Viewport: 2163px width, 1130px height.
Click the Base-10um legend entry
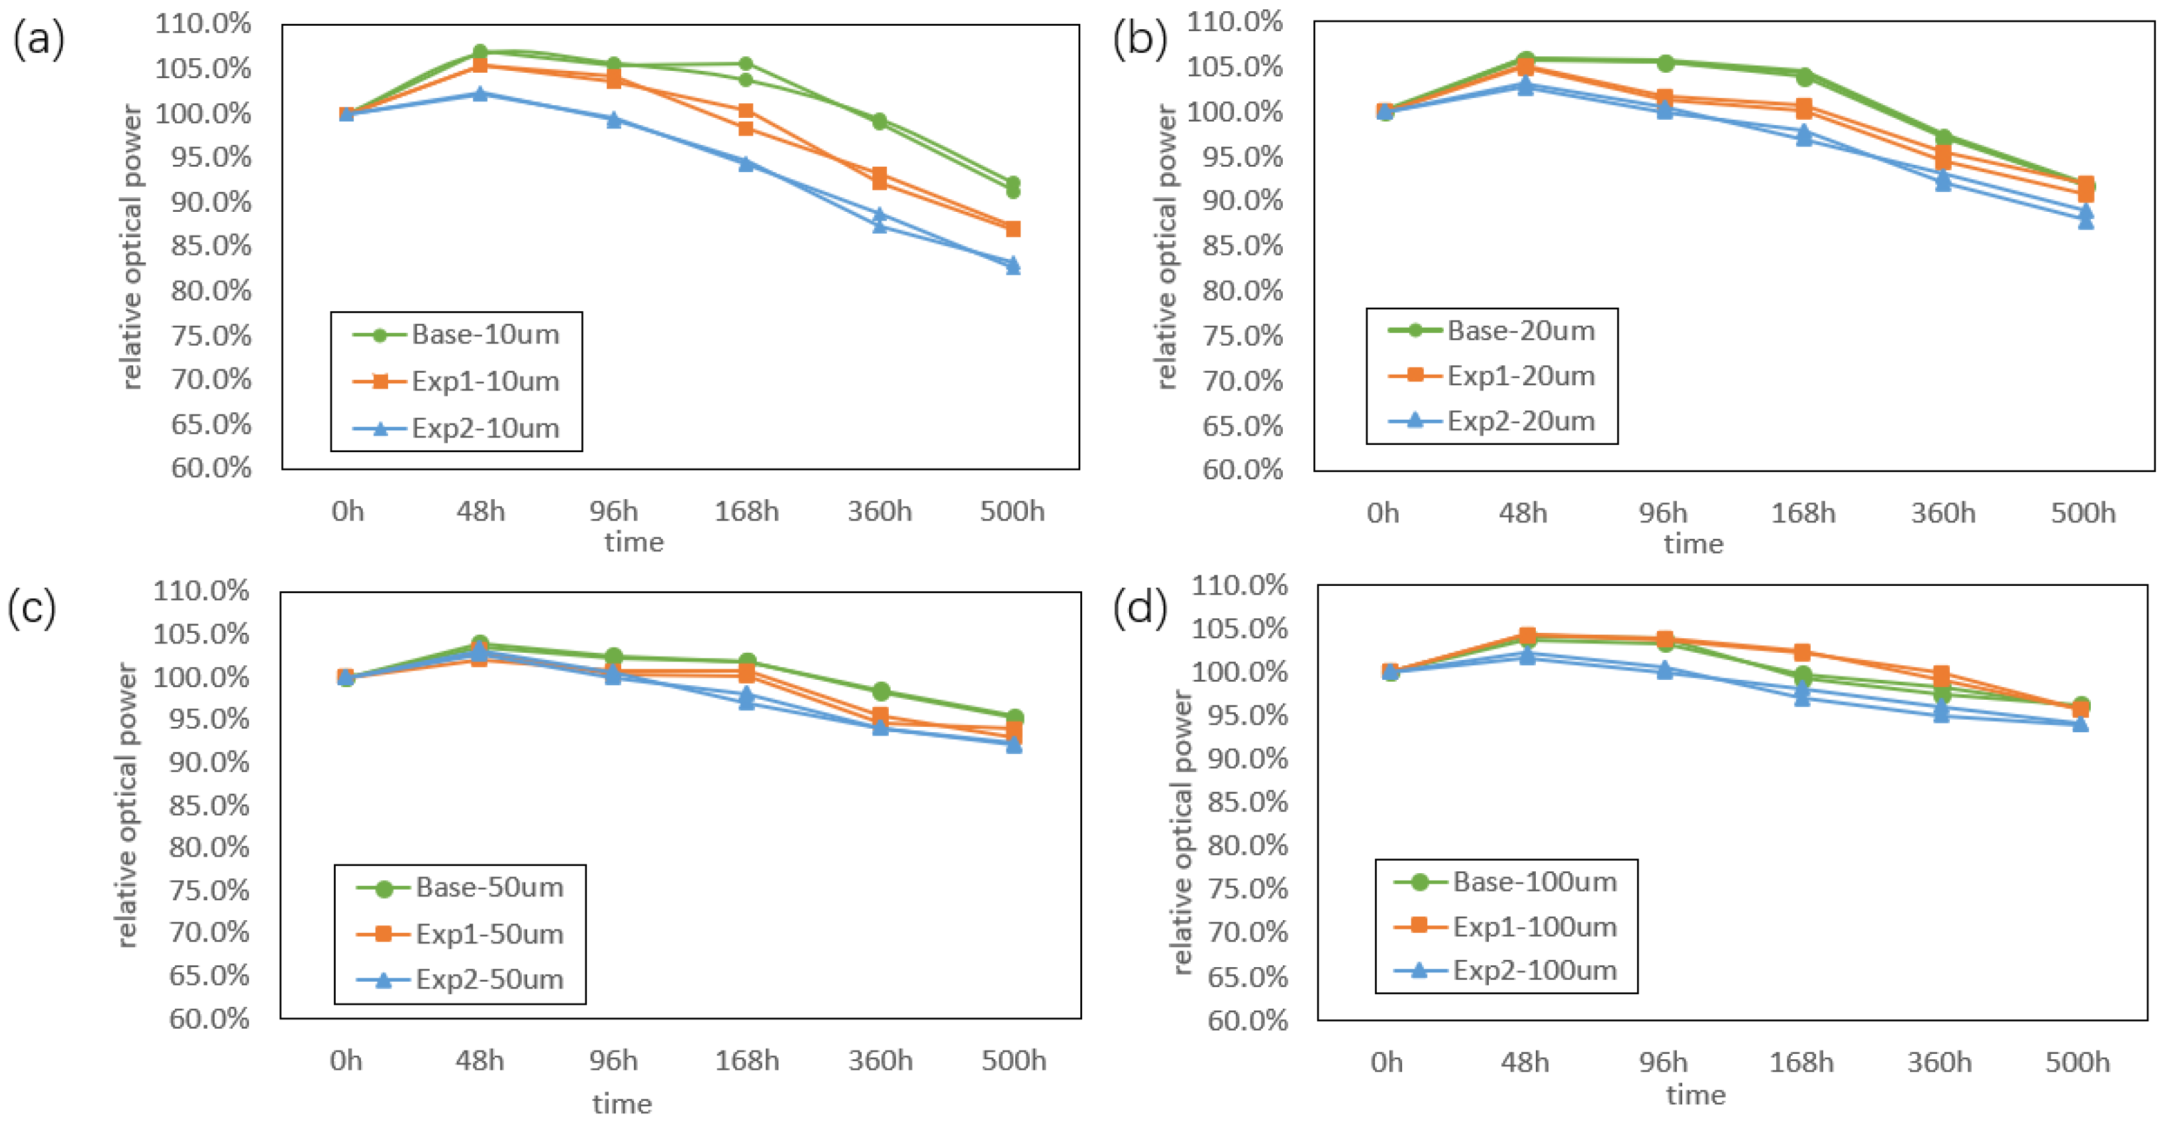click(x=456, y=335)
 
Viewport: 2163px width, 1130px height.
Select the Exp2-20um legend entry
click(x=1491, y=420)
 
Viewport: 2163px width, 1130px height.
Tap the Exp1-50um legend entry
click(x=460, y=933)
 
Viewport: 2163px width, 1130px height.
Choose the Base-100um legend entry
click(x=1505, y=882)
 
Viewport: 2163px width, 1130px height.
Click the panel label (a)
click(x=38, y=40)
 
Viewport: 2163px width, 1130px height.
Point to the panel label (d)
click(x=1139, y=607)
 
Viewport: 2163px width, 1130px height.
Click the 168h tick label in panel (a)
click(x=746, y=510)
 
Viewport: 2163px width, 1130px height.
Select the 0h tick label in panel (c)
click(x=346, y=1060)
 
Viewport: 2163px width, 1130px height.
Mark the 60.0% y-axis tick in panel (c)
click(x=209, y=1018)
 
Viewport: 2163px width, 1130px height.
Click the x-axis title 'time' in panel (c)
click(x=622, y=1103)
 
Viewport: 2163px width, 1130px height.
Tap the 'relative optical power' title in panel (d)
click(x=1182, y=832)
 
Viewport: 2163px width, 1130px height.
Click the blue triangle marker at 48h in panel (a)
click(x=480, y=93)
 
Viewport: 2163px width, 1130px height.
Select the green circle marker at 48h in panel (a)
click(x=480, y=53)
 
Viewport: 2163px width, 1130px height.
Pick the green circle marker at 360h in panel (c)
click(x=881, y=692)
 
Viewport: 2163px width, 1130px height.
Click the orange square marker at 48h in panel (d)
click(x=1527, y=636)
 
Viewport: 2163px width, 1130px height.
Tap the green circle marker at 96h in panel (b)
click(x=1665, y=62)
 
